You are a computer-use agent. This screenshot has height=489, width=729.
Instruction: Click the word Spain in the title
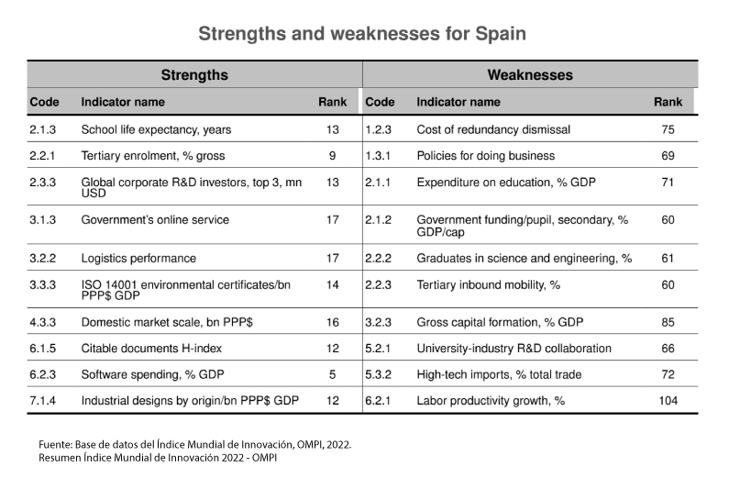501,35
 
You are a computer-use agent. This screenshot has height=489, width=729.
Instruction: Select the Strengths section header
194,75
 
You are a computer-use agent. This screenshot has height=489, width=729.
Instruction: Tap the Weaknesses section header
530,75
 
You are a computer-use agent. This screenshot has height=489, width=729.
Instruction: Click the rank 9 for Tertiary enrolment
332,156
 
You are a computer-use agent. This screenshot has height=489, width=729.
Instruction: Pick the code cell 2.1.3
42,130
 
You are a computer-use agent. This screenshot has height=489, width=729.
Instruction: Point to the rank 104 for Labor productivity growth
668,400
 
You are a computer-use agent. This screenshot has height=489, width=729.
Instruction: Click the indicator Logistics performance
138,259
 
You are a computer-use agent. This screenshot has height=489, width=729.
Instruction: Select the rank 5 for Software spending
332,374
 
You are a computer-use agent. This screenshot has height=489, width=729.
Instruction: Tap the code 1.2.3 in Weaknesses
378,130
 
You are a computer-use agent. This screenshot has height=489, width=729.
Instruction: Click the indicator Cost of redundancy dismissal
493,130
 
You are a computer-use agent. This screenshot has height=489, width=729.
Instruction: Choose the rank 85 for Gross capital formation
668,323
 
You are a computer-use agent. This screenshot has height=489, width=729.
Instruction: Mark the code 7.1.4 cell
42,400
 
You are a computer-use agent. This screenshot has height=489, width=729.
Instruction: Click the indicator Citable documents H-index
151,349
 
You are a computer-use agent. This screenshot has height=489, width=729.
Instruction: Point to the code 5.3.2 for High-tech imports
378,374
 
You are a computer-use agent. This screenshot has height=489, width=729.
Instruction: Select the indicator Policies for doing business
485,156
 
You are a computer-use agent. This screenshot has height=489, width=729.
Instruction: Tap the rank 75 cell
668,130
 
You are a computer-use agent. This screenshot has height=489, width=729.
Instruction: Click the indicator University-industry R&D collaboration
514,349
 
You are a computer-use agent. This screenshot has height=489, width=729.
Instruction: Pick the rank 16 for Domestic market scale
332,323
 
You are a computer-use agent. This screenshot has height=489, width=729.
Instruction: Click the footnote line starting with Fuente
194,444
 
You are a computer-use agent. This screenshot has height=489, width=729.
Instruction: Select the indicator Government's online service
155,220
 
